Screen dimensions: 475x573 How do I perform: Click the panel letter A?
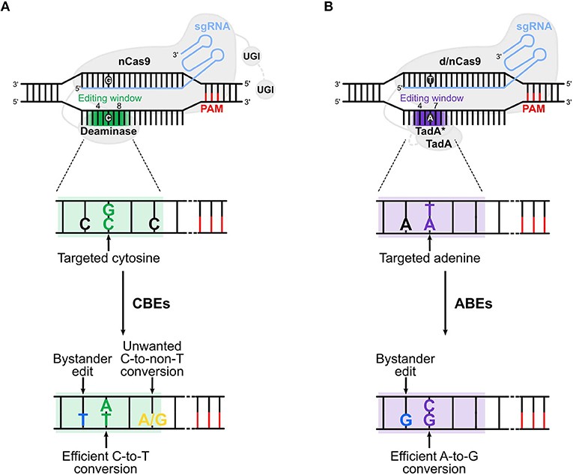coord(6,8)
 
